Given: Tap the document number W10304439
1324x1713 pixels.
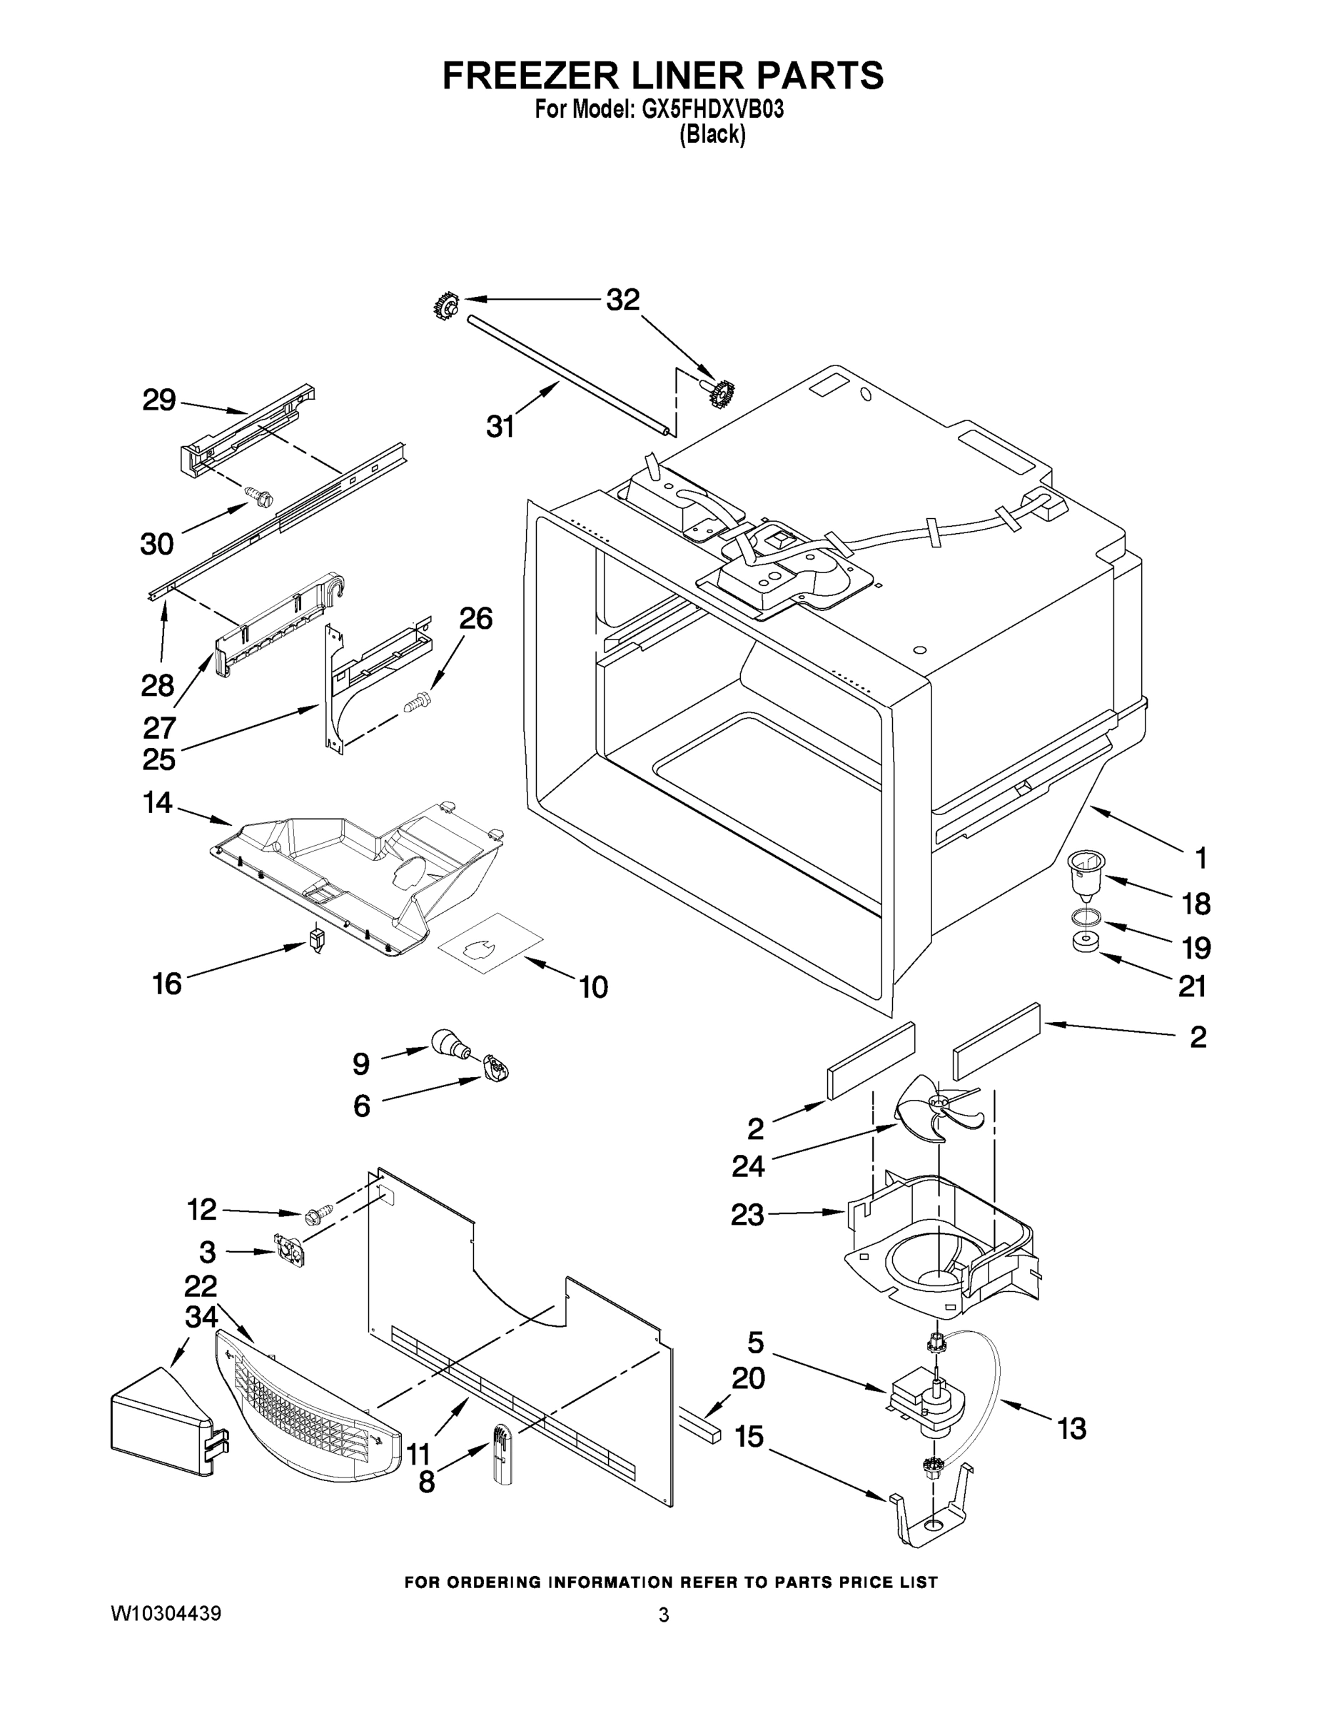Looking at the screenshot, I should click(x=166, y=1613).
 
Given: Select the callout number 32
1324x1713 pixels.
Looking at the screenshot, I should click(x=623, y=300).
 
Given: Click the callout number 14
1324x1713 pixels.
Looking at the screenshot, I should click(x=158, y=802).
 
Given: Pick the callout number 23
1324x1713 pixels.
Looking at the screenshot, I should click(x=747, y=1215).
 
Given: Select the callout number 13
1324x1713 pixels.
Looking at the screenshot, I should click(x=1071, y=1428).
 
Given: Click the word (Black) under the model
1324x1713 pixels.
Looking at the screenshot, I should click(x=712, y=135).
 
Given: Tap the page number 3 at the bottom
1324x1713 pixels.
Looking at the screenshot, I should click(x=664, y=1615).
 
